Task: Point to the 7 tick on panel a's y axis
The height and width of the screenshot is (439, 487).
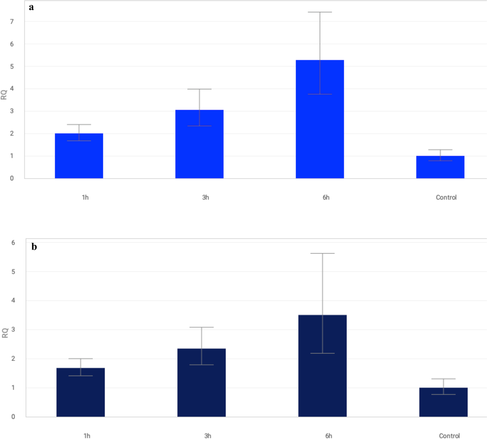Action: (x=12, y=22)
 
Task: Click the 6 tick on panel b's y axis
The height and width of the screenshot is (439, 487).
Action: (x=13, y=243)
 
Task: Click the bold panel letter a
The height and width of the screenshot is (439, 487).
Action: (x=31, y=7)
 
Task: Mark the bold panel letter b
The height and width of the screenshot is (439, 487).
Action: (x=34, y=247)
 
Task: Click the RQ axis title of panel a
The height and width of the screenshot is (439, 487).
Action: (x=4, y=95)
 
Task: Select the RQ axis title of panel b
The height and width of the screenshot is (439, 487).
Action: (x=5, y=333)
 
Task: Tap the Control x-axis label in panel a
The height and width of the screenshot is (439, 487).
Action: (x=446, y=197)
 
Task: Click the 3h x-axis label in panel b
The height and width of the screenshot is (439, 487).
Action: (x=207, y=436)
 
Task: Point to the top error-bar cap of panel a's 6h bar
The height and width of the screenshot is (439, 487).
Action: (x=319, y=12)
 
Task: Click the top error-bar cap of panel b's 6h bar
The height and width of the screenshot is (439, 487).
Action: (x=322, y=253)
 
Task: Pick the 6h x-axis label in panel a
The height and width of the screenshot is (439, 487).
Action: (x=326, y=197)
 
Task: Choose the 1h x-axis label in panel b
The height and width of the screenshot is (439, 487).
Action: (x=87, y=436)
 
